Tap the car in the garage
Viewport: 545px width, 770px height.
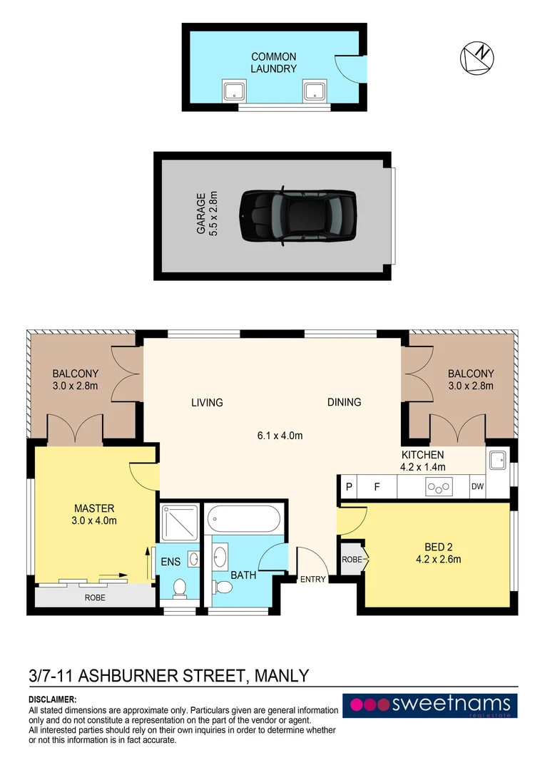297,215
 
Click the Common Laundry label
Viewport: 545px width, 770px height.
273,63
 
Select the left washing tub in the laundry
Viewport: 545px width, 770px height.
233,91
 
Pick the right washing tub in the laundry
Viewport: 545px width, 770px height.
313,91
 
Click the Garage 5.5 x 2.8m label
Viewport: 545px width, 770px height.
206,214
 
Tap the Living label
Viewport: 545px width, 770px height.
207,402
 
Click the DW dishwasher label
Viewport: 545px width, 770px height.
477,488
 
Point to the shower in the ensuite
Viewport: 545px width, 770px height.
178,523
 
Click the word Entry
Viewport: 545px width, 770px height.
312,579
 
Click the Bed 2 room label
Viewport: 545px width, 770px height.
438,553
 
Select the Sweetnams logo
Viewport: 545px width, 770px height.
429,705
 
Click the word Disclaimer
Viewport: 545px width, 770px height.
52,700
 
